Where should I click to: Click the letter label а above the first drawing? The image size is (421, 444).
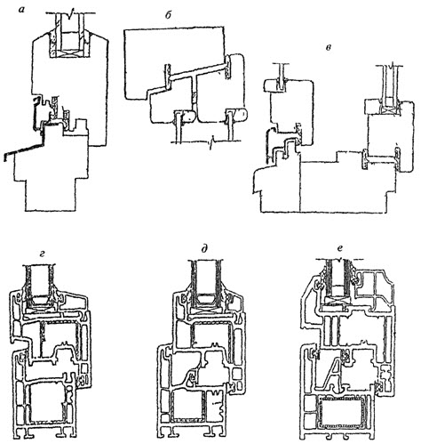coord(21,10)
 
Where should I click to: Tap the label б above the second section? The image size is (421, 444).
coord(168,15)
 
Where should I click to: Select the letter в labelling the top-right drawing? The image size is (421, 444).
coord(329,48)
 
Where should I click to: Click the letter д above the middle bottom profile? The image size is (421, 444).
coord(204,250)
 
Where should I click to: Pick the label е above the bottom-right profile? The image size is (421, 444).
coord(340,248)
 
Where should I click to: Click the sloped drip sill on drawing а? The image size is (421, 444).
coord(24,149)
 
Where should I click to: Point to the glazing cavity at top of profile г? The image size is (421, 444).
coord(41,281)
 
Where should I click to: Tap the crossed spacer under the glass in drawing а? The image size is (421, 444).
coord(70,52)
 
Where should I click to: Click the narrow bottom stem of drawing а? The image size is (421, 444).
coord(50,194)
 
